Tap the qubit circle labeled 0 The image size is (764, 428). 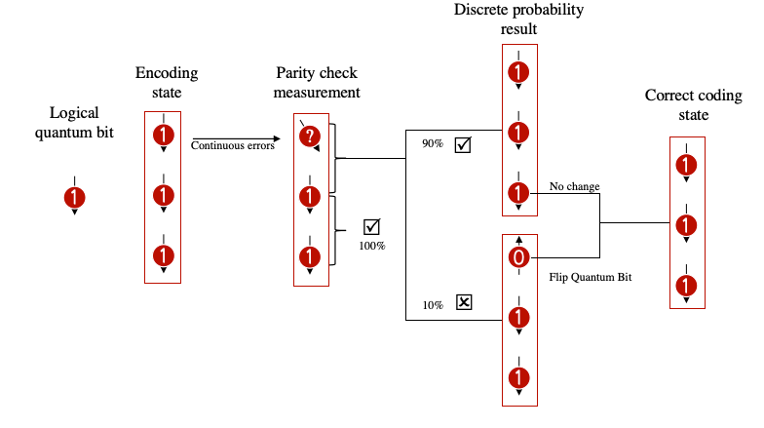tap(519, 257)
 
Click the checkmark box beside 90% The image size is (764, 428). tap(463, 145)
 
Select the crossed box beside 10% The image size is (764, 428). tap(464, 302)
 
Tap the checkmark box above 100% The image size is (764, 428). tap(371, 227)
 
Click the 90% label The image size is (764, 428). tap(433, 144)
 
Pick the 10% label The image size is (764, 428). tap(433, 305)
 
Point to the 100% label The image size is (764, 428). tap(372, 246)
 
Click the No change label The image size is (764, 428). tap(575, 185)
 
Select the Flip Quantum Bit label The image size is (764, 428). tap(591, 278)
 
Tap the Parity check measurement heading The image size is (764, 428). tap(318, 84)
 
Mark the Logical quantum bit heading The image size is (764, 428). tap(75, 121)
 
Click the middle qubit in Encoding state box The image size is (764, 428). tap(164, 196)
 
